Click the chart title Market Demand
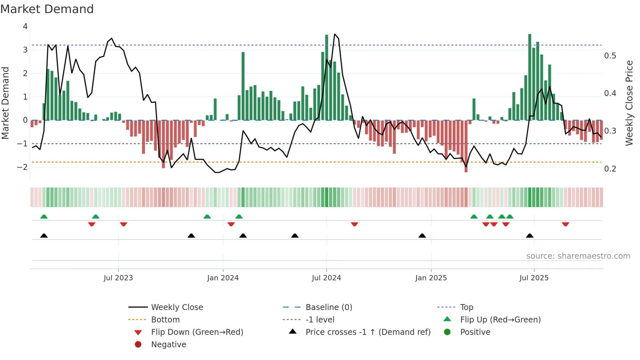click(47, 9)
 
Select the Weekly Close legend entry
click(177, 307)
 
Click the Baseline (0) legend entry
click(328, 307)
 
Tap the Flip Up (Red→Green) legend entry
click(500, 320)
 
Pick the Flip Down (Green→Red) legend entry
click(197, 332)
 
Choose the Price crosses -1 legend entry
click(368, 332)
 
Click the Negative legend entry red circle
click(138, 345)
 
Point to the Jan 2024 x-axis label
click(223, 278)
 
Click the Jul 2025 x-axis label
click(534, 278)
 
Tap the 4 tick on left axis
click(25, 26)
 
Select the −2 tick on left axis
click(22, 167)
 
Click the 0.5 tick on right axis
click(610, 56)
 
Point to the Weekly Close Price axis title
click(629, 103)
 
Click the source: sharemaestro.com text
click(578, 256)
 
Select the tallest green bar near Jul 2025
click(530, 77)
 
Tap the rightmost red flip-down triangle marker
click(566, 224)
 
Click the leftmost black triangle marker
click(44, 236)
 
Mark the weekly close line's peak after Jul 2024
click(335, 34)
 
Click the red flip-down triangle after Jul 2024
click(355, 224)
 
